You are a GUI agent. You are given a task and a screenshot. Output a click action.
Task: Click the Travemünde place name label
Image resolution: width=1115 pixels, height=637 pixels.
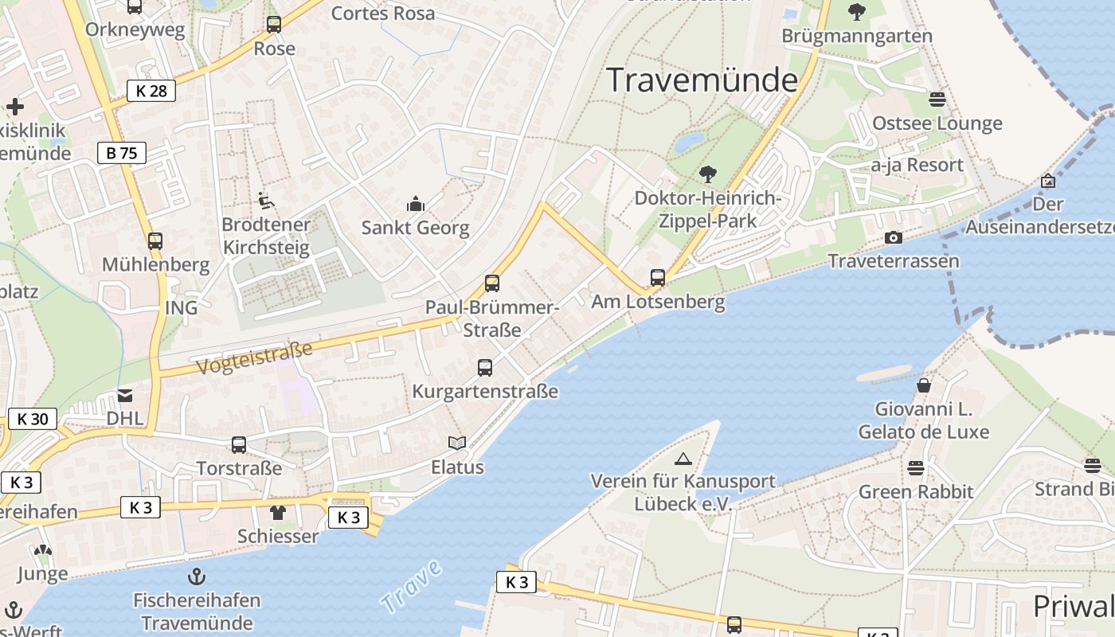(x=702, y=80)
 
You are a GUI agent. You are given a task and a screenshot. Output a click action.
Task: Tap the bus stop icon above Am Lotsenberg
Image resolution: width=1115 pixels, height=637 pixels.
(x=658, y=278)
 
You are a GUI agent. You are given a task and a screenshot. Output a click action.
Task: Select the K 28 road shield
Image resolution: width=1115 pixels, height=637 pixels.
(x=151, y=91)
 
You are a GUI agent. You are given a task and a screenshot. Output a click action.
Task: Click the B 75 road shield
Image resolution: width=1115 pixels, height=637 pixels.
(x=122, y=153)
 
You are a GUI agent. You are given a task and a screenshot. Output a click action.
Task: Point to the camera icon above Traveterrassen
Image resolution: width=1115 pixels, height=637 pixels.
(x=894, y=237)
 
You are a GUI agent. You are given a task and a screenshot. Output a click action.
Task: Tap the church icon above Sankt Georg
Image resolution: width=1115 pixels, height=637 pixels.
(x=416, y=205)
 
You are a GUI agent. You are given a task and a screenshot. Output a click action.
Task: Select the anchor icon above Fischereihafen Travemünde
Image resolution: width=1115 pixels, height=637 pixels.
(x=195, y=576)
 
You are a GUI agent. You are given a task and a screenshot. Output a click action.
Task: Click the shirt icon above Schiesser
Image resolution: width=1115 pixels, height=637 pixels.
(x=278, y=512)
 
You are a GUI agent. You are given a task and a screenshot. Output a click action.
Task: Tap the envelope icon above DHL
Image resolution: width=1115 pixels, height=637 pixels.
(x=125, y=395)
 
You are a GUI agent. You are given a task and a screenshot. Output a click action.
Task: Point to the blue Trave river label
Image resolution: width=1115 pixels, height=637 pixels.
(x=411, y=587)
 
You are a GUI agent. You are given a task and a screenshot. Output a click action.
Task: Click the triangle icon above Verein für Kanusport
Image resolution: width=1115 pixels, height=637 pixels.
(x=683, y=459)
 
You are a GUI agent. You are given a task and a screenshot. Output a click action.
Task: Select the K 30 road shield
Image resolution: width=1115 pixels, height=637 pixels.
(x=33, y=419)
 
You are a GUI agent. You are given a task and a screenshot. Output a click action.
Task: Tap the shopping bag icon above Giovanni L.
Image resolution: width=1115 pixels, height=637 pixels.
(x=924, y=385)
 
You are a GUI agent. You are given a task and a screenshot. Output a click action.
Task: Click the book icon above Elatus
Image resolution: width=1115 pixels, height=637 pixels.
(x=457, y=444)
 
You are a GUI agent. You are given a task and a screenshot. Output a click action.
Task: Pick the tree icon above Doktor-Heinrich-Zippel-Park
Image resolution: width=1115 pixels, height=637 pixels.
(x=707, y=174)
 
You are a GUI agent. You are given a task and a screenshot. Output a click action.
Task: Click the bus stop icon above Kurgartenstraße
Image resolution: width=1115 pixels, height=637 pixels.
(x=485, y=368)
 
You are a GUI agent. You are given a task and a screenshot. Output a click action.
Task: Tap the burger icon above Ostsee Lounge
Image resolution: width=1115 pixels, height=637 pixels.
(x=937, y=100)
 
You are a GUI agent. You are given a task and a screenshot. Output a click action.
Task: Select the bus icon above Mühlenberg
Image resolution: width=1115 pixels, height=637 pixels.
(x=155, y=240)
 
